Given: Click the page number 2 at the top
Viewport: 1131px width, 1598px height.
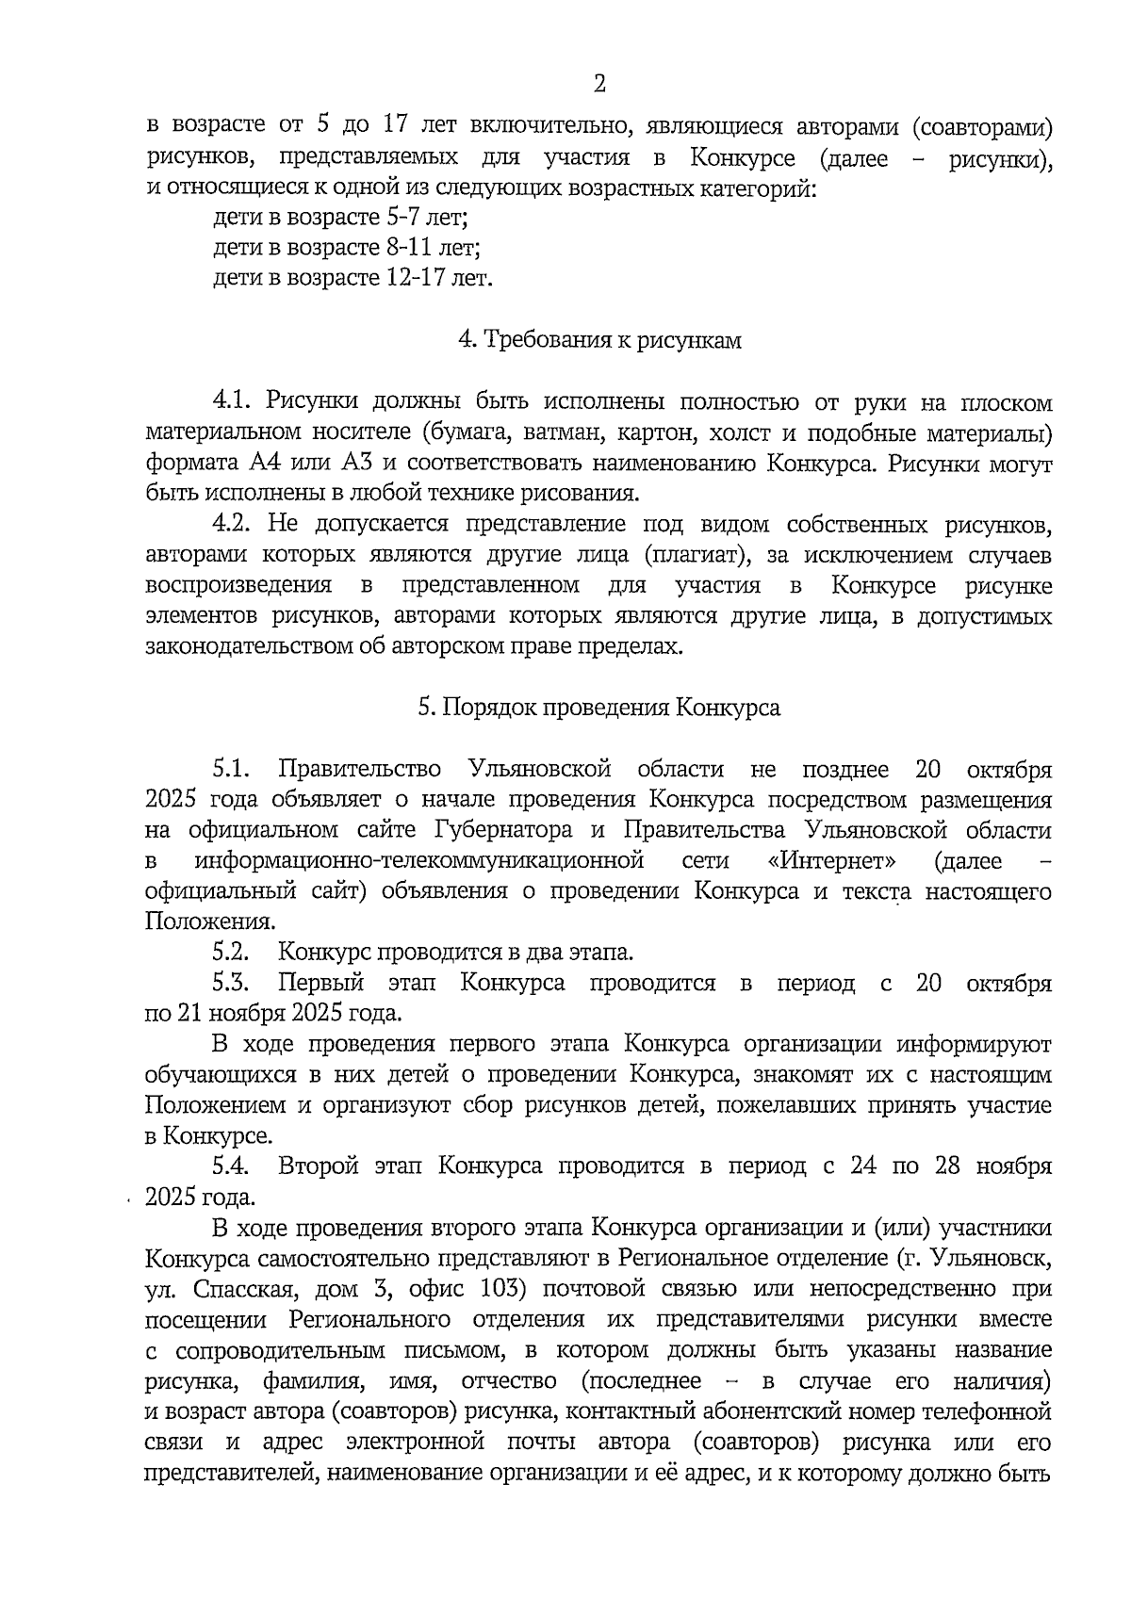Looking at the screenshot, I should click(x=599, y=85).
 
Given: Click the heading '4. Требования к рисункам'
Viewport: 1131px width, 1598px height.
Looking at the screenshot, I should click(x=599, y=340).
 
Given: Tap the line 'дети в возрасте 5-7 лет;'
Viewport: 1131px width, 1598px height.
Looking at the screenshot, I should click(x=341, y=218).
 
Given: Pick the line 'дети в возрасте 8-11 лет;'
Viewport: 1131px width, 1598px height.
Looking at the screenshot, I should click(x=347, y=248).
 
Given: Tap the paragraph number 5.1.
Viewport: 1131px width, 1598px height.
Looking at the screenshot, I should click(x=231, y=769).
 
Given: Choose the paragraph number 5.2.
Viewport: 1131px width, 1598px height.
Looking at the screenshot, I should click(x=231, y=953).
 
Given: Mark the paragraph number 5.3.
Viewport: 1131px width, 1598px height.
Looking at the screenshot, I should click(x=231, y=983).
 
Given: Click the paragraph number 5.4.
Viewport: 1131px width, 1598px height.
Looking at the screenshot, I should click(x=231, y=1166).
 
